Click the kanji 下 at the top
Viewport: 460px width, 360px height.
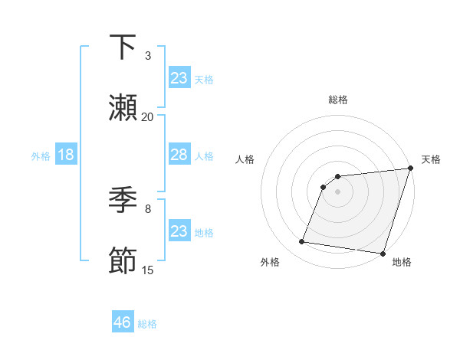(x=123, y=47)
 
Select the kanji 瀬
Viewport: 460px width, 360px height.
(x=123, y=108)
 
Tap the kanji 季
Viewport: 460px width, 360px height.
(x=123, y=200)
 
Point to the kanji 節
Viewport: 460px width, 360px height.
(x=123, y=261)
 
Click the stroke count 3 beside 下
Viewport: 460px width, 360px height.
(x=148, y=56)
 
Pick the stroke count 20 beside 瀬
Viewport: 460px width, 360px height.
(x=148, y=116)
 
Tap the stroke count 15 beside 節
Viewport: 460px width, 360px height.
(x=148, y=270)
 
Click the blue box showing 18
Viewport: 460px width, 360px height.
(x=66, y=155)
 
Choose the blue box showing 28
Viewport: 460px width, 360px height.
(x=179, y=155)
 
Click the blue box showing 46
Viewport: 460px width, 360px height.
(x=123, y=322)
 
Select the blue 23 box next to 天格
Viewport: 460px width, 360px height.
(x=179, y=78)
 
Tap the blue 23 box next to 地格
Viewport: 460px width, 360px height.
(x=179, y=231)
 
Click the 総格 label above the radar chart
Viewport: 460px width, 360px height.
(x=338, y=100)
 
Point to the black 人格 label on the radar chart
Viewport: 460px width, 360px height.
(x=245, y=160)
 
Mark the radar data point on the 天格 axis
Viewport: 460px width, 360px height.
(x=410, y=169)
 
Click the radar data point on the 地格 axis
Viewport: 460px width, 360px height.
(x=383, y=253)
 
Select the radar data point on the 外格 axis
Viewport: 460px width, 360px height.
(x=301, y=242)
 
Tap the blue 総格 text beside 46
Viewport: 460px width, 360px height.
(x=147, y=324)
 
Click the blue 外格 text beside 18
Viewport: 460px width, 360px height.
(x=40, y=156)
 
